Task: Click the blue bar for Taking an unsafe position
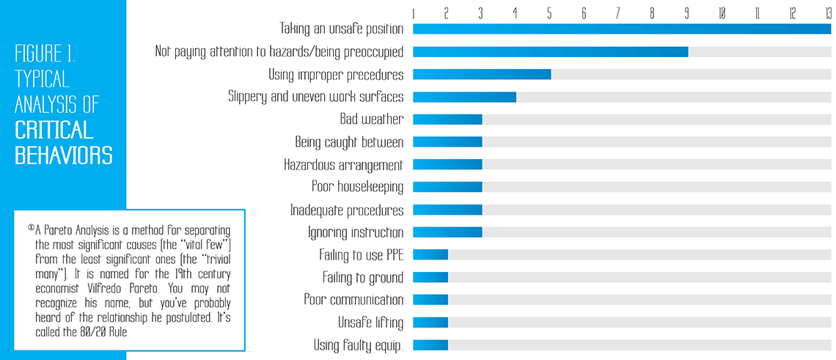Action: click(x=621, y=29)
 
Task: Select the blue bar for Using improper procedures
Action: click(x=482, y=75)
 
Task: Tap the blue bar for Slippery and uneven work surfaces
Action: click(x=464, y=97)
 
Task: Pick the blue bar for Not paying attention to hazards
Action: click(x=550, y=52)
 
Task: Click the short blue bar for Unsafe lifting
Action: click(x=430, y=323)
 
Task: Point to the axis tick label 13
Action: click(x=827, y=13)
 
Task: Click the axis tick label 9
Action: click(x=687, y=13)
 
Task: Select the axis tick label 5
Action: click(x=550, y=13)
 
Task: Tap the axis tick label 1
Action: click(x=414, y=13)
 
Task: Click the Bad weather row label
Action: click(x=371, y=120)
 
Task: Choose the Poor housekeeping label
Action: click(x=357, y=187)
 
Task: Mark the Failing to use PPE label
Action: click(x=361, y=255)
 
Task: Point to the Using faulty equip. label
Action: click(x=359, y=345)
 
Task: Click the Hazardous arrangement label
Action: click(x=343, y=165)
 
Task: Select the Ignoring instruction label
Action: click(x=355, y=232)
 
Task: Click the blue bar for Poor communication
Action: click(x=430, y=300)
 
